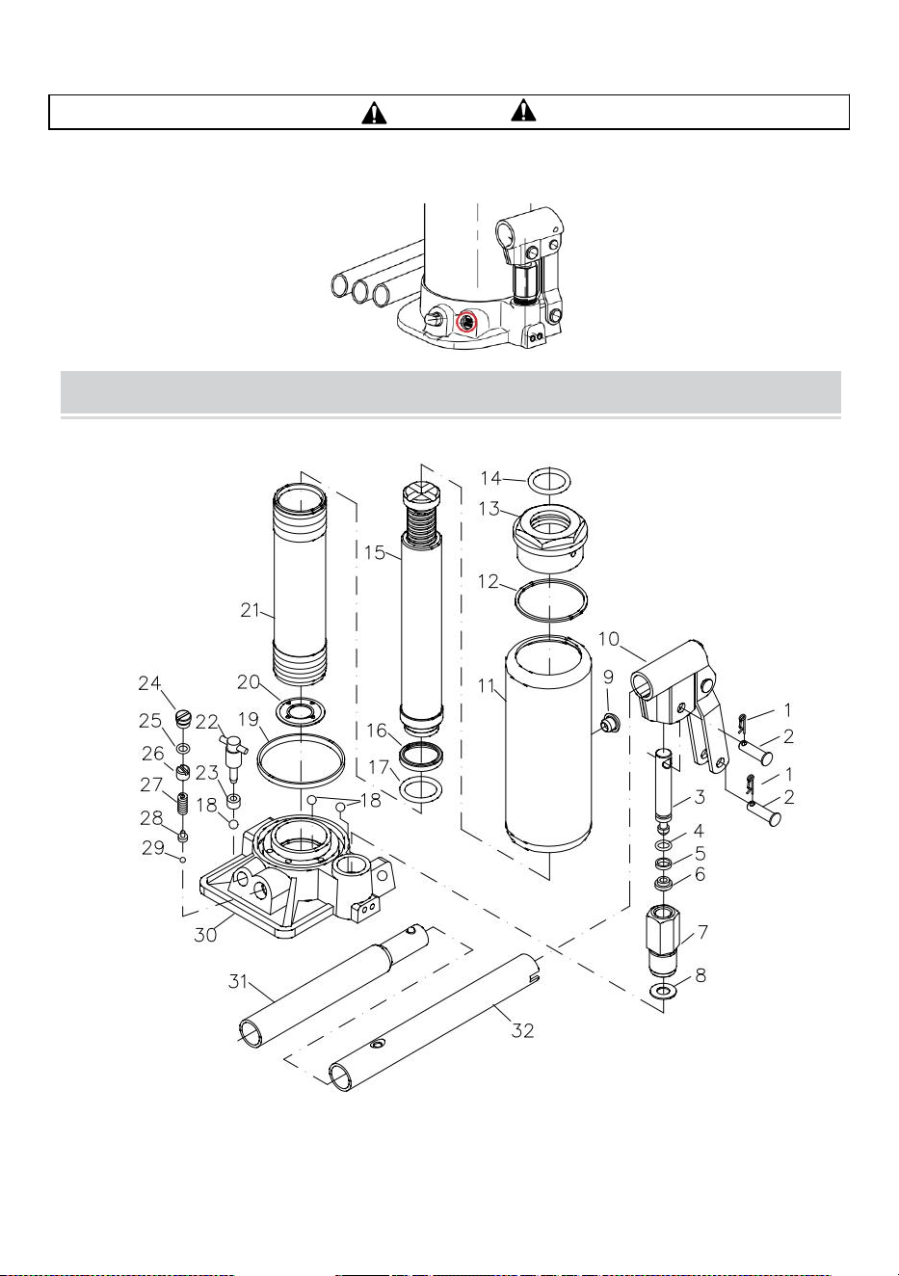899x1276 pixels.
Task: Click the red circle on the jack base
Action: [466, 323]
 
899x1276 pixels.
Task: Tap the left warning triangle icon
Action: [374, 112]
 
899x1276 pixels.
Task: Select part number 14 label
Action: [490, 478]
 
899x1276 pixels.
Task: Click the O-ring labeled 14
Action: [549, 481]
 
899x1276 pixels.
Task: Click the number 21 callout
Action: [251, 610]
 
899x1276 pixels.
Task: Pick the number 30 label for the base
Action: [205, 935]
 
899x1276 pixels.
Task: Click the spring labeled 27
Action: [183, 804]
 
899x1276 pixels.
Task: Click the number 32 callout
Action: [522, 1030]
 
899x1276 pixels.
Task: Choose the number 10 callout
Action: [608, 639]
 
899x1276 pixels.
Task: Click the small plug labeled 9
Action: [609, 723]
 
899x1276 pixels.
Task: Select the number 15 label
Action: [374, 552]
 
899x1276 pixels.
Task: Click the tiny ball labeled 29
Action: [182, 859]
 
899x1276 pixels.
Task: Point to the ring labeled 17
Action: [420, 790]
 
